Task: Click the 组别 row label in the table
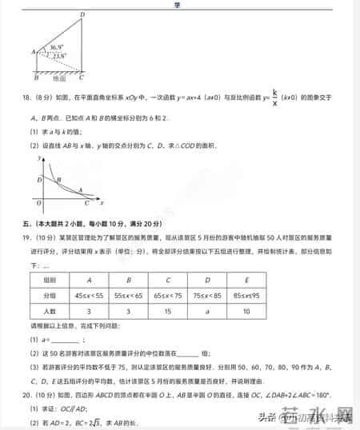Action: coord(50,280)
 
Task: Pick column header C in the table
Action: coord(168,280)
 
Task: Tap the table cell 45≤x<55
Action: coord(89,295)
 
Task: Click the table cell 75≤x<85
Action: coord(207,295)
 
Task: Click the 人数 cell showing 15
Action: coord(168,311)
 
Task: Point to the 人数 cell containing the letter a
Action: coord(207,311)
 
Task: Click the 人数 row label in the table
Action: coord(50,311)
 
